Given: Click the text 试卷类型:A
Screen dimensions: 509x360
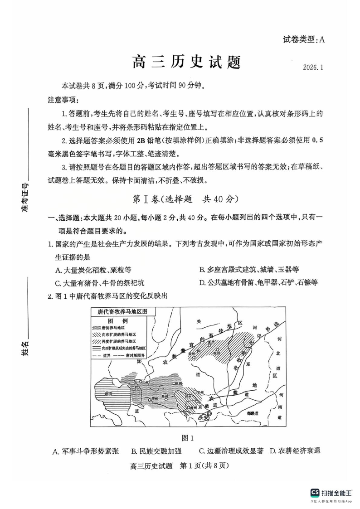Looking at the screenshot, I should [302, 39].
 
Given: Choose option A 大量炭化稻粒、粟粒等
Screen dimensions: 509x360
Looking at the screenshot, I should [93, 270].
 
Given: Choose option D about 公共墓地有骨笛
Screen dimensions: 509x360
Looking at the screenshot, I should [258, 283].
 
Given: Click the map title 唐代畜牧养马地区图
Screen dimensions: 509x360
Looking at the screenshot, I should [122, 312].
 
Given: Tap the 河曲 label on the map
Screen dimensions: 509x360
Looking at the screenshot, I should [108, 394].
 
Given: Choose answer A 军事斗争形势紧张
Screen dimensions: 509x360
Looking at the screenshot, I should [86, 451].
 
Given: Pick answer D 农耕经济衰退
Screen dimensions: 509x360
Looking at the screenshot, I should [295, 451].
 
